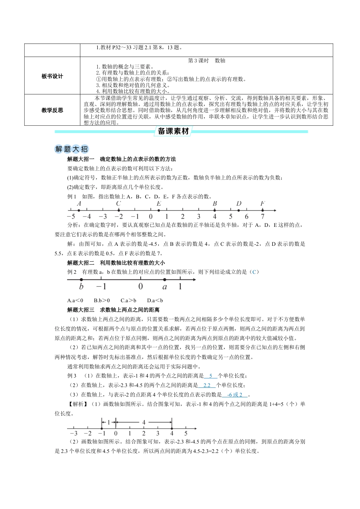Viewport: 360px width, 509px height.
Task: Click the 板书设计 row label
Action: [52, 76]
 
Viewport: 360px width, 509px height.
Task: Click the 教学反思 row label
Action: [52, 111]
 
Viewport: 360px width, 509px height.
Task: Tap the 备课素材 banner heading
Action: [173, 131]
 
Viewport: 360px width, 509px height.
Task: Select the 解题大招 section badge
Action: [71, 149]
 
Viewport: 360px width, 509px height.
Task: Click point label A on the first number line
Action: [79, 204]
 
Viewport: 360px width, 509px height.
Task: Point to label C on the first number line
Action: [119, 204]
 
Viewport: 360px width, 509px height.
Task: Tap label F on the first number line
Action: [262, 204]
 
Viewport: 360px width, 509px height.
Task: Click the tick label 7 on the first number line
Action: [262, 217]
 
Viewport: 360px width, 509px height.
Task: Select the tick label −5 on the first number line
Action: [70, 217]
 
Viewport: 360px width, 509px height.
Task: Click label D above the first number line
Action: [238, 204]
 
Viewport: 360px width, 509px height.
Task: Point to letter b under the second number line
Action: [81, 287]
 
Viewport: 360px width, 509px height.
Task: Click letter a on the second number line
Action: [164, 287]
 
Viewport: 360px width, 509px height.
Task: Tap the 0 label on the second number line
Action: [140, 287]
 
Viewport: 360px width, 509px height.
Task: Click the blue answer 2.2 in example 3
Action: [207, 385]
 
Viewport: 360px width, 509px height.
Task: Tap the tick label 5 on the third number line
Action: [186, 433]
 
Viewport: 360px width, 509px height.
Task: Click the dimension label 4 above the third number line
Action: [144, 422]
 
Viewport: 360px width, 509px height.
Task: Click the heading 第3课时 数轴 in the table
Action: [207, 61]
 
